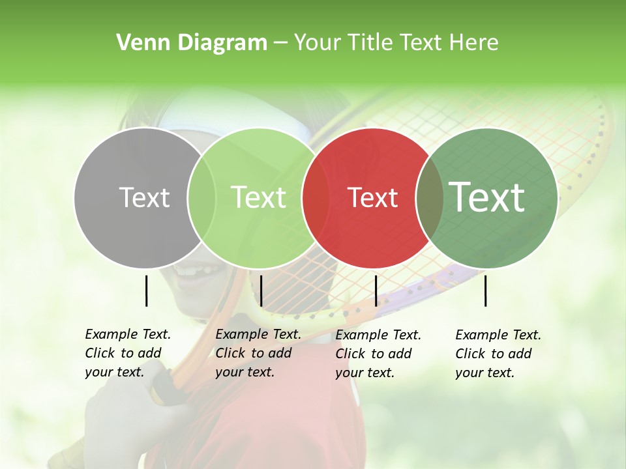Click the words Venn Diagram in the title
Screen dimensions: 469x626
[192, 43]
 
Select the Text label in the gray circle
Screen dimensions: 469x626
[144, 197]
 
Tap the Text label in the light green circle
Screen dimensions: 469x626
[258, 197]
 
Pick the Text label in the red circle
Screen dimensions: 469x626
[372, 197]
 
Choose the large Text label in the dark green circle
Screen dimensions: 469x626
[486, 197]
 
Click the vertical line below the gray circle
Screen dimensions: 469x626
[146, 291]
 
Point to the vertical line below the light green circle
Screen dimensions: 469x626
[261, 291]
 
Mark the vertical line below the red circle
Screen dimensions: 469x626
[376, 291]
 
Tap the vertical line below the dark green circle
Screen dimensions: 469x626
[485, 291]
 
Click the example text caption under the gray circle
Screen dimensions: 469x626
[128, 353]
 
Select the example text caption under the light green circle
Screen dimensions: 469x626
[258, 353]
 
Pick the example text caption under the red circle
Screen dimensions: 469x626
[378, 354]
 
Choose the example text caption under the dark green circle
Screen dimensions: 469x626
[498, 354]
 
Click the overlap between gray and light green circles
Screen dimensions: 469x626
[201, 197]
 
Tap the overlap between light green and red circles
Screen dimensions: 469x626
[316, 197]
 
